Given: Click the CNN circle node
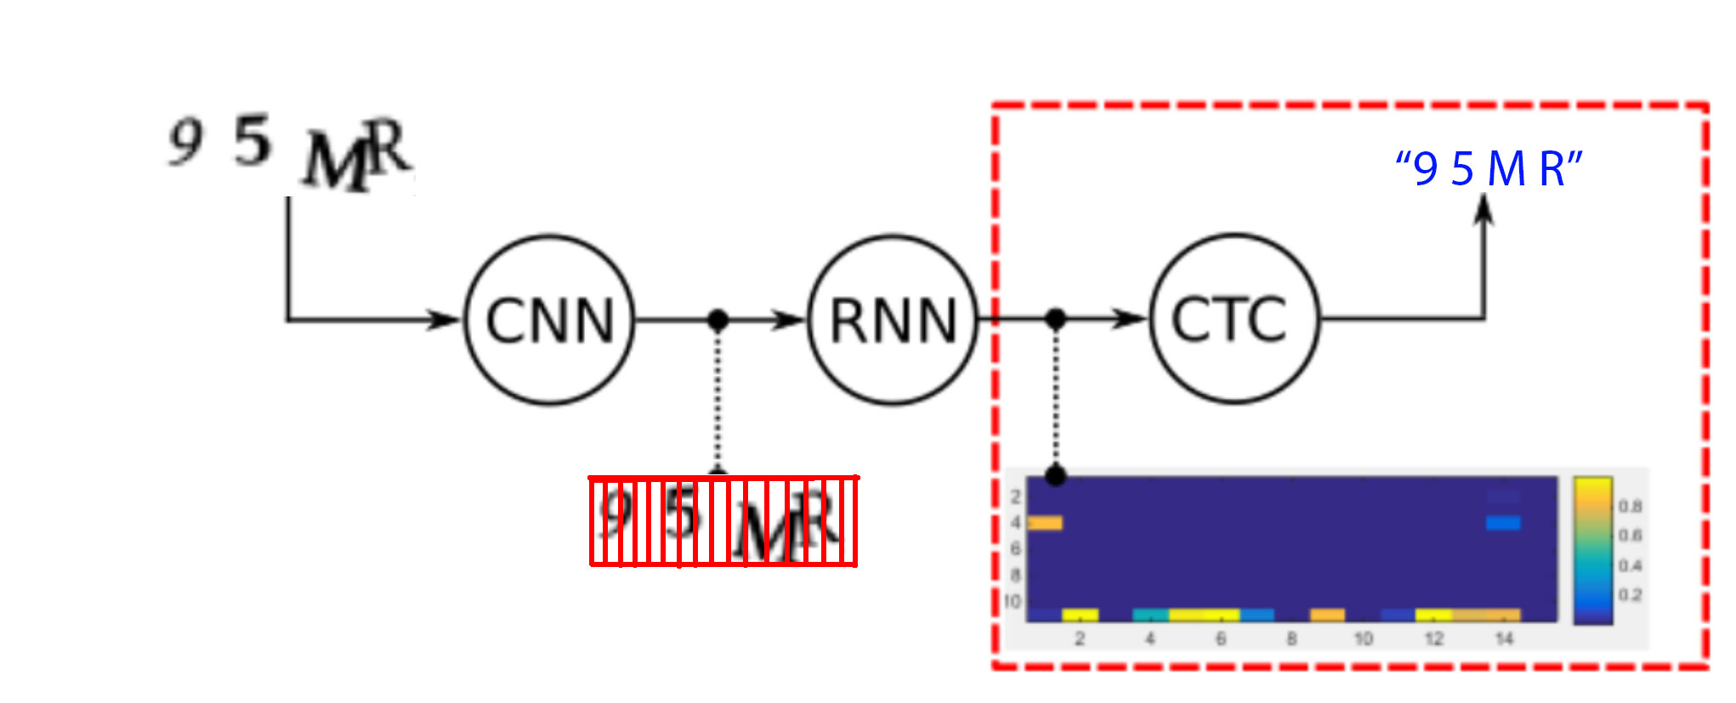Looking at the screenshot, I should point(549,320).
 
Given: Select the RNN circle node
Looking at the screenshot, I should point(893,320).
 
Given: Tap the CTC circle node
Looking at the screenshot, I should point(1234,319).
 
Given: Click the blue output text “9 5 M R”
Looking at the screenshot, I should point(1489,168).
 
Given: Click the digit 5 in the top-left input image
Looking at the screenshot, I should point(252,141).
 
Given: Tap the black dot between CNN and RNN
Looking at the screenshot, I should point(718,320).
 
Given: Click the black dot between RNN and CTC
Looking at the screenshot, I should point(1055,319).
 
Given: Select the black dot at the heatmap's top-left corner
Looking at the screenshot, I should point(1055,475).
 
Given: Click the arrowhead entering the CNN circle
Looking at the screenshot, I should point(445,320).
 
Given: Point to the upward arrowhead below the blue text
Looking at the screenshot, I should point(1484,209).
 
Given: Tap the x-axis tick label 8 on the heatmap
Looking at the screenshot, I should point(1291,638).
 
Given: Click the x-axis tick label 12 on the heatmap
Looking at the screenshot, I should point(1433,638).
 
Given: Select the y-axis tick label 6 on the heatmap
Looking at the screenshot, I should point(1015,549).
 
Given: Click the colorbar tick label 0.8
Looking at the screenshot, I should point(1630,507).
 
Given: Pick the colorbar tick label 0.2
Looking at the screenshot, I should point(1630,595).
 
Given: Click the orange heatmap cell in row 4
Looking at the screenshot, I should point(1045,523).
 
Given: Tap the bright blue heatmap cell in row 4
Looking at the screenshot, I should point(1503,523).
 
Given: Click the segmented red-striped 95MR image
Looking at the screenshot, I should point(723,521).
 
